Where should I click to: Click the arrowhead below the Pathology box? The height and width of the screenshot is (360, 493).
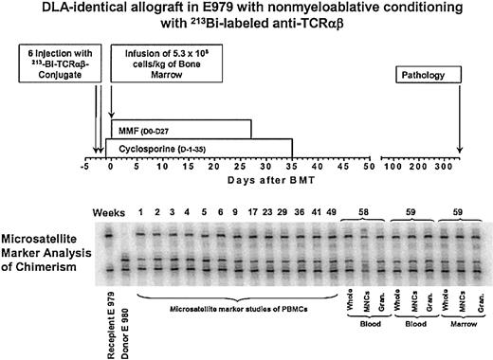point(459,155)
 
